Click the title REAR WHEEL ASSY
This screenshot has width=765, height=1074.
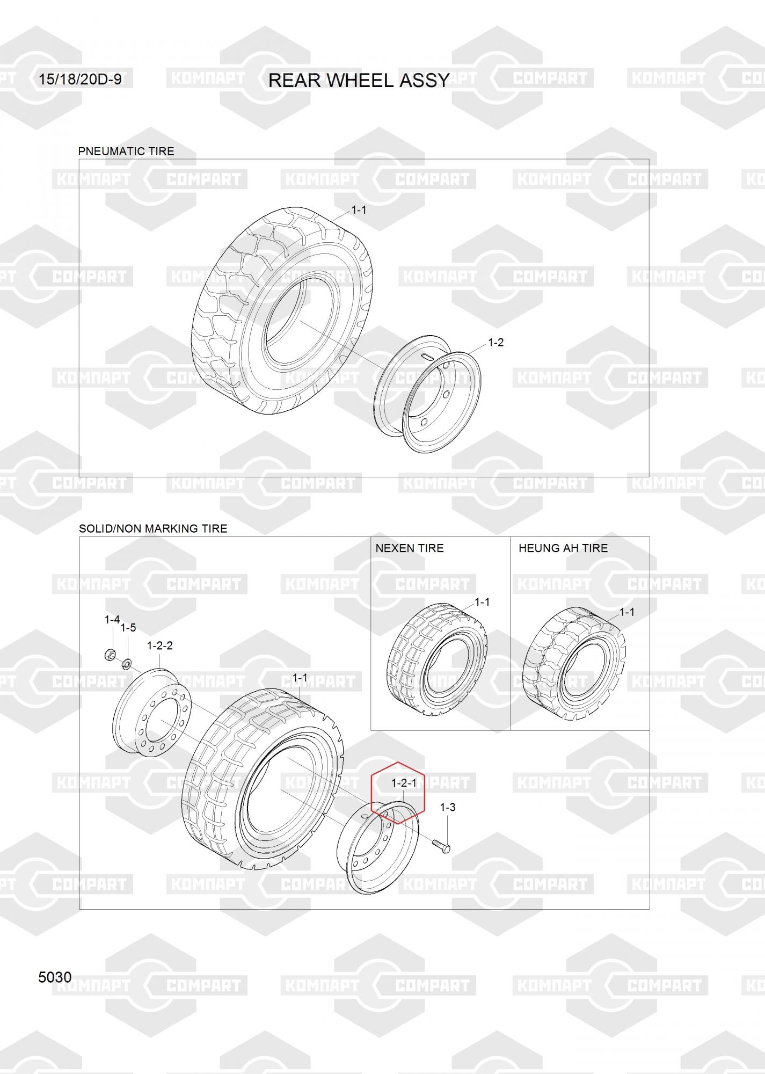tap(359, 80)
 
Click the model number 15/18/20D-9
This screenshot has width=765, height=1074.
tap(80, 79)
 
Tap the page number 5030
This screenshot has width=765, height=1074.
tap(55, 977)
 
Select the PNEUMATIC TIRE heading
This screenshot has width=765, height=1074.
tap(126, 151)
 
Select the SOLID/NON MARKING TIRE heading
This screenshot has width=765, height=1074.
tap(153, 528)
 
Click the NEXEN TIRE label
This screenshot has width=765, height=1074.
tap(410, 548)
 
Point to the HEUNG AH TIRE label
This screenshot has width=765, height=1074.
tap(563, 548)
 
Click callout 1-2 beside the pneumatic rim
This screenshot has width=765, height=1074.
tap(496, 343)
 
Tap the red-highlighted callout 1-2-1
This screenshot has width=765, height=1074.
tap(404, 783)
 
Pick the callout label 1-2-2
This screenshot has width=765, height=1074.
tap(160, 645)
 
